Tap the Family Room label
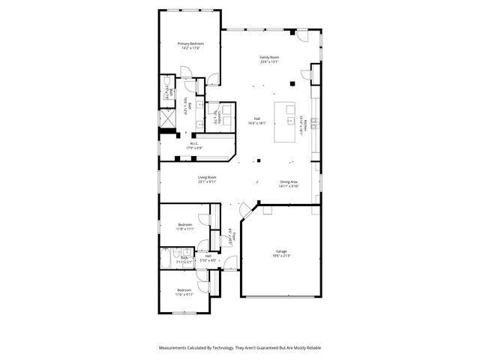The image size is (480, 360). tap(269, 58)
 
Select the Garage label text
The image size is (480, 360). tap(260, 251)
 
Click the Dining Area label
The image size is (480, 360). tap(289, 182)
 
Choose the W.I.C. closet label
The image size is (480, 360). tap(193, 143)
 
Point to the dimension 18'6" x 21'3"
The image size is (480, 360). tap(260, 256)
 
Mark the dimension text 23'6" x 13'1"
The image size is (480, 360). tap(269, 63)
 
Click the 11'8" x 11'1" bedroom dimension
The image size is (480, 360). tap(185, 229)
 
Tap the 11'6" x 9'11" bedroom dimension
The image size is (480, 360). tap(184, 295)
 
